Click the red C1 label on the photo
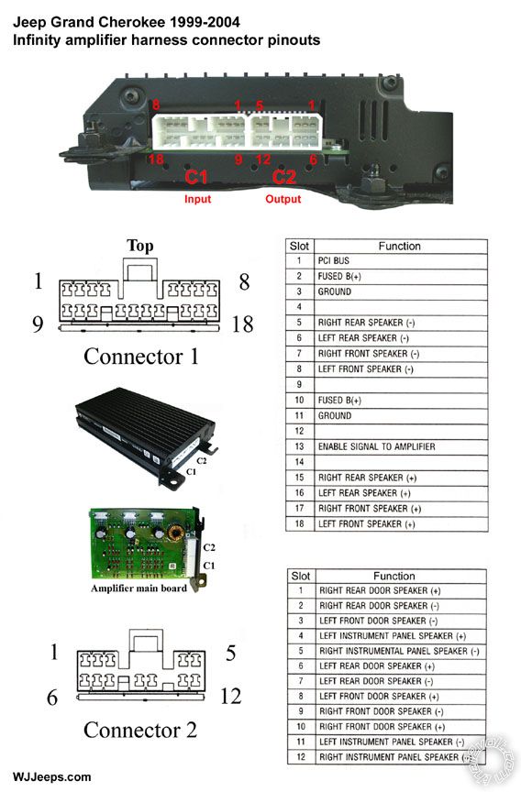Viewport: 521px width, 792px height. pos(197,177)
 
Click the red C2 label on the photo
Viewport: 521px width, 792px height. pos(284,177)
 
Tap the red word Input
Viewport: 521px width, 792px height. pos(197,198)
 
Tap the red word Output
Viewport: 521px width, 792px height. pos(283,198)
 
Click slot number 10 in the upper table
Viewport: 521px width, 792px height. pos(299,400)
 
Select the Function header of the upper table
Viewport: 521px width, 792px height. pos(399,246)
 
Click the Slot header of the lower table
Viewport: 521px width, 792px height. pos(300,576)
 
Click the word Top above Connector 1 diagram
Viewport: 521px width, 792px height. pos(140,246)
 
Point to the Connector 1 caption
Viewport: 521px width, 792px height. pos(140,356)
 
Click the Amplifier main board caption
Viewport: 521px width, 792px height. pos(138,588)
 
